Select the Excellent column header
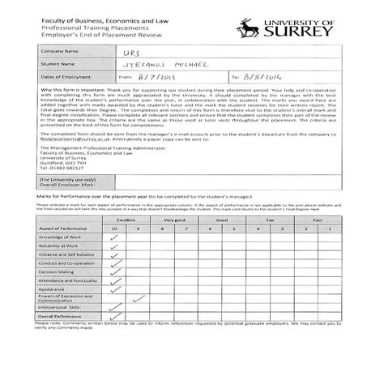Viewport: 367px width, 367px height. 125,220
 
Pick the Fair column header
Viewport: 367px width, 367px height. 270,220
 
